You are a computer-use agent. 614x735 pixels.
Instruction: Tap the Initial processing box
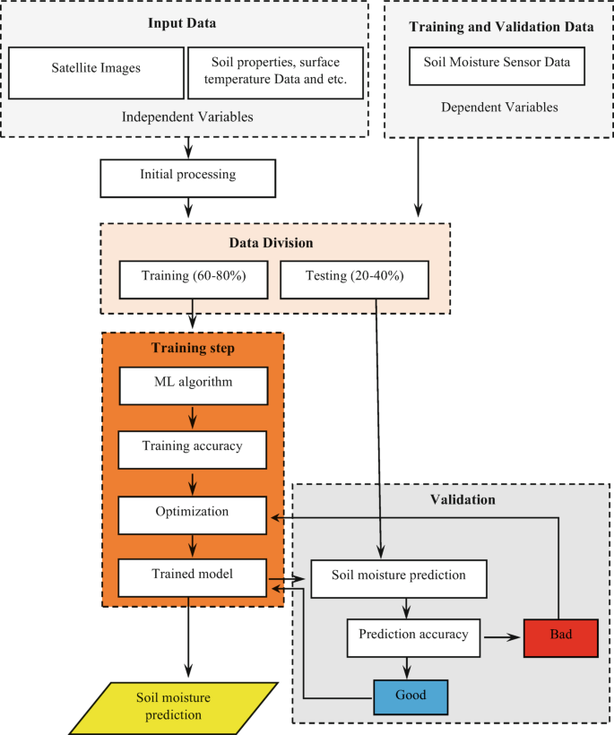coord(188,176)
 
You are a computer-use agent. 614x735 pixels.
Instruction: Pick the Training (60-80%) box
coord(194,277)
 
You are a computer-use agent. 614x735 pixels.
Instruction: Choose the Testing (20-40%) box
coord(354,277)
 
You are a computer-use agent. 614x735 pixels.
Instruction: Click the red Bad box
coord(560,637)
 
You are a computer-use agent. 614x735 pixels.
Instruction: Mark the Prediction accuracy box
coord(413,636)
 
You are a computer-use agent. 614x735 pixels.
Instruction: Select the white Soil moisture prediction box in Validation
coord(398,578)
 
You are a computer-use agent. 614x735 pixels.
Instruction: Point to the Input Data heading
coord(186,22)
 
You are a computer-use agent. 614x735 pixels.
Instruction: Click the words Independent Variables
coord(186,117)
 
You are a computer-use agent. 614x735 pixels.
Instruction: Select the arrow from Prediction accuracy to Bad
coord(503,637)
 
